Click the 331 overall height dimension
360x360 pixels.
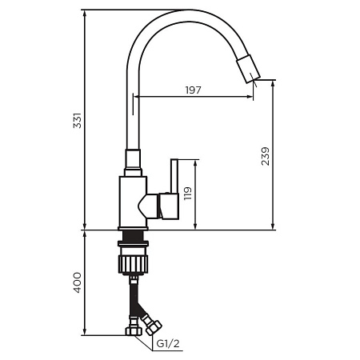[78, 121]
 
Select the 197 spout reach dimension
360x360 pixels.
[193, 90]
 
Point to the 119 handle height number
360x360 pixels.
[188, 194]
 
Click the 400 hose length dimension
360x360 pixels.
[78, 282]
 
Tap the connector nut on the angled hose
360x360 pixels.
[152, 326]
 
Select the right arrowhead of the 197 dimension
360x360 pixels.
[253, 97]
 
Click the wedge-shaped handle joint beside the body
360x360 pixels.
[150, 206]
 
